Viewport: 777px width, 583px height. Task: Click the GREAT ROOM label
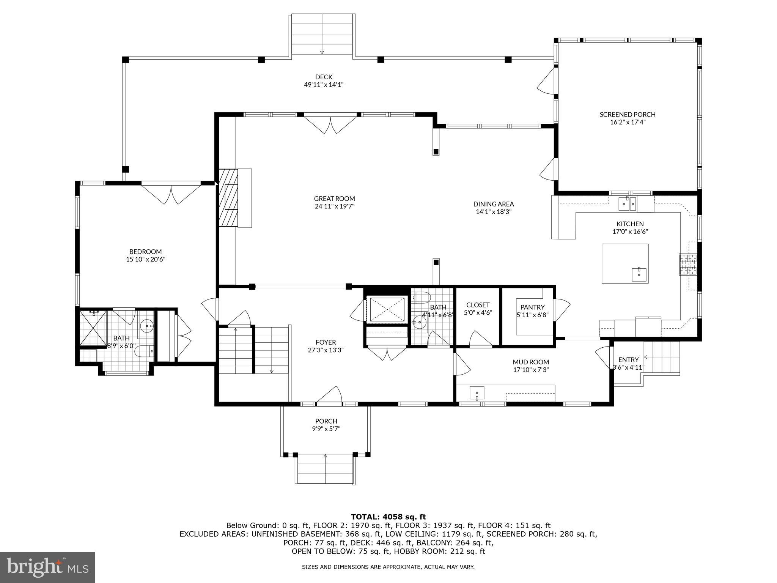[334, 199]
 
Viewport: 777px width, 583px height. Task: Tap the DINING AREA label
[493, 204]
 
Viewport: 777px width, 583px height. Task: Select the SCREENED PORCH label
[627, 114]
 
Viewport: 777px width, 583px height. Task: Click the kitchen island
[625, 263]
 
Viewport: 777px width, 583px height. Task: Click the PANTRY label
[532, 307]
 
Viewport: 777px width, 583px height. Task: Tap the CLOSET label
[478, 305]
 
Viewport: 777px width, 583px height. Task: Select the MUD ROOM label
[531, 362]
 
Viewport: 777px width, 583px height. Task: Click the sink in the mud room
[477, 393]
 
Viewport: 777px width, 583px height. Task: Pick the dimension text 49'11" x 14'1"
[324, 85]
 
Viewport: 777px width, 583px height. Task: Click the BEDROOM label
[145, 252]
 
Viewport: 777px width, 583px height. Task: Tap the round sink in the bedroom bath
[147, 326]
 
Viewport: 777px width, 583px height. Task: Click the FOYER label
[326, 342]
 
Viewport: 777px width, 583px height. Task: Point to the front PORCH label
[326, 421]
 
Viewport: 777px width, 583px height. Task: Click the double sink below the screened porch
[627, 204]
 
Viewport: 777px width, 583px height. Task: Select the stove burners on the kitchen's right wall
[688, 264]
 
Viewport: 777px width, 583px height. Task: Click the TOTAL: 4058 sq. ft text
[388, 517]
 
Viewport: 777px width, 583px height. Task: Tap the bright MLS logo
[47, 567]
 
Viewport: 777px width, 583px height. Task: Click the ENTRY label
[628, 359]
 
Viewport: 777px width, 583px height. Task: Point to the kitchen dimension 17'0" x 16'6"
[630, 232]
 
